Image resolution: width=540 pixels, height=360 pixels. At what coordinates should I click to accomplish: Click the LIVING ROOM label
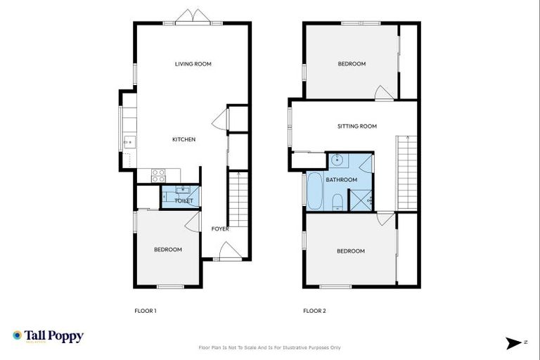(x=193, y=64)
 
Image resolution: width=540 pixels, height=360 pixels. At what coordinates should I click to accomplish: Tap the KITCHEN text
(x=184, y=139)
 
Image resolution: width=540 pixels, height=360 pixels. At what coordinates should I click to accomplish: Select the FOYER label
(x=220, y=229)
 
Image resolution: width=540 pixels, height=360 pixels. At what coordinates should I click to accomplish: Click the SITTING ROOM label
(x=356, y=127)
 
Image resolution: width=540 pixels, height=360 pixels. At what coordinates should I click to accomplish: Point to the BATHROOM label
(x=341, y=180)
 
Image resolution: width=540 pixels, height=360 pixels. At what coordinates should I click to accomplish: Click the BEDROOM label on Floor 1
(x=168, y=250)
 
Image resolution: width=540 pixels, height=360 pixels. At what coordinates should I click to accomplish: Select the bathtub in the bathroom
(x=314, y=191)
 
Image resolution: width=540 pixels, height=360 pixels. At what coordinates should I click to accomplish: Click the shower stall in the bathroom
(x=361, y=200)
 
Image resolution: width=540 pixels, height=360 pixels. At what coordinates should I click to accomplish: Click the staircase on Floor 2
(x=406, y=172)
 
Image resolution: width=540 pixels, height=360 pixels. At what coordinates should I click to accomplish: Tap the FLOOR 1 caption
(x=145, y=311)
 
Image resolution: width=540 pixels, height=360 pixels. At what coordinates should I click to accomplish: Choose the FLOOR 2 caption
(x=314, y=311)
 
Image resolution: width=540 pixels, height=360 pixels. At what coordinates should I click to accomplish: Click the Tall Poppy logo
(x=48, y=336)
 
